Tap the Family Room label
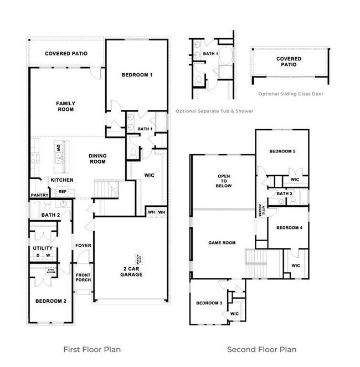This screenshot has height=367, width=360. tap(66, 106)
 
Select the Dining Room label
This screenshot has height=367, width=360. tap(97, 159)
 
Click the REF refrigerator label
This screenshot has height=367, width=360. tap(63, 192)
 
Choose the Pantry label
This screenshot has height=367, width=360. tap(40, 195)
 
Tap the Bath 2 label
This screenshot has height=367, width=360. tap(50, 215)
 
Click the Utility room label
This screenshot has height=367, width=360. tap(43, 248)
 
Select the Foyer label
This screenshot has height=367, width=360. tap(84, 246)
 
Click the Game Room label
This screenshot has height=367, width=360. tap(222, 243)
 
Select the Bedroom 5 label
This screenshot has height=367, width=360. tap(282, 151)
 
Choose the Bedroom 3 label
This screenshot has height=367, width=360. tap(209, 303)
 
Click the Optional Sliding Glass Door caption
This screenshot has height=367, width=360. tap(286, 94)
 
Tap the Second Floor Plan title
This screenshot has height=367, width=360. tap(261, 349)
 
